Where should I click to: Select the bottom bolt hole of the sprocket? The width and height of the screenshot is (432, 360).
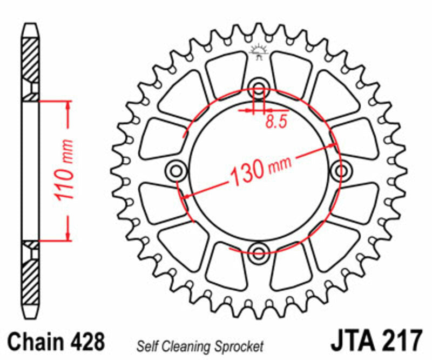pos(259,251)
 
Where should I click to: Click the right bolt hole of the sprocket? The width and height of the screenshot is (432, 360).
pos(340,171)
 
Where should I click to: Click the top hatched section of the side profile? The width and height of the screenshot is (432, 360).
pos(30,59)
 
